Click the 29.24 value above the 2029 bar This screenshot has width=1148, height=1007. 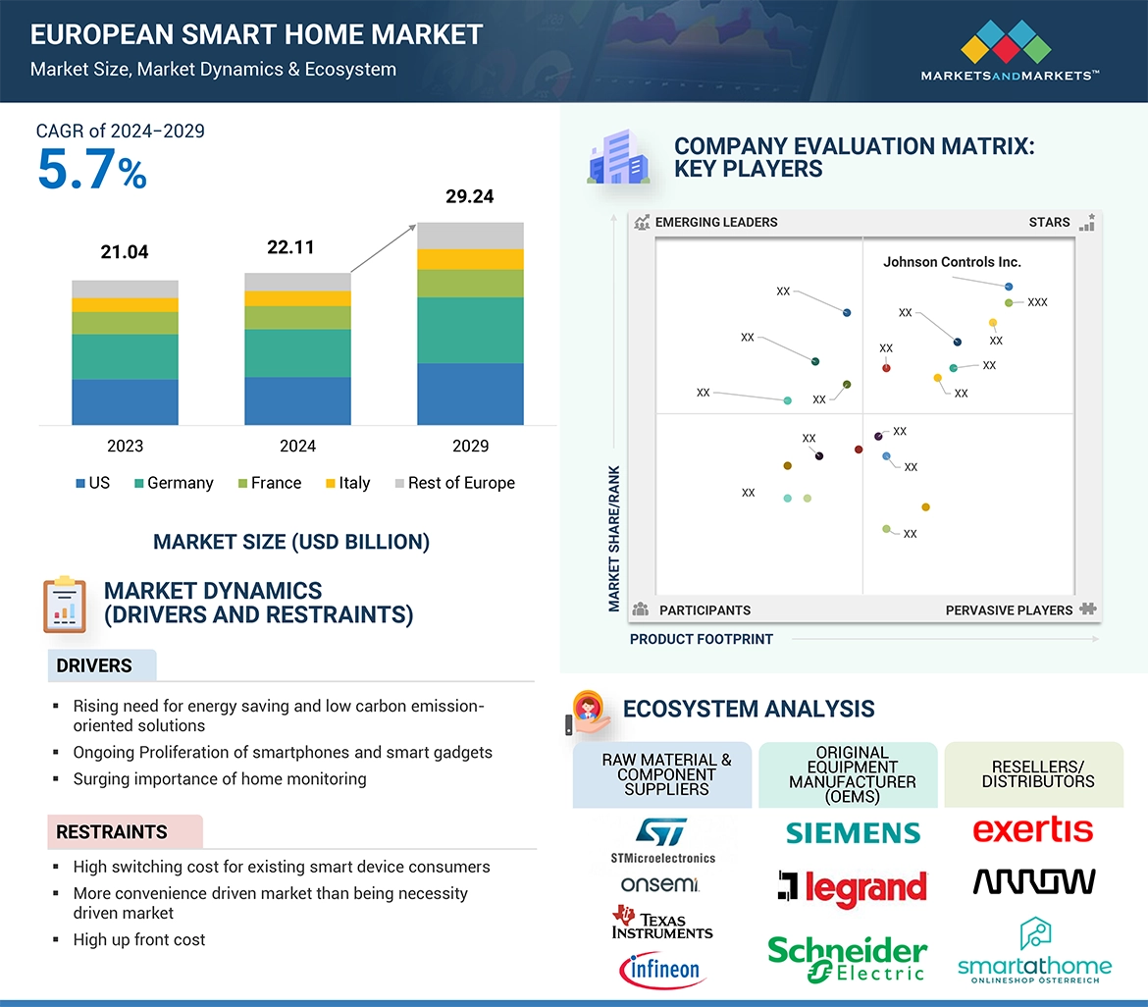coord(469,196)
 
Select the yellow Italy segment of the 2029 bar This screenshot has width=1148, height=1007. coord(470,259)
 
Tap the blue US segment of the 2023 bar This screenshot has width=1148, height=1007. coord(125,401)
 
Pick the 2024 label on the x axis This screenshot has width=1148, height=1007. coord(297,446)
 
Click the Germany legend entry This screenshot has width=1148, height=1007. coord(173,483)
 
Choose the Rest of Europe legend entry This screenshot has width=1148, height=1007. coord(453,483)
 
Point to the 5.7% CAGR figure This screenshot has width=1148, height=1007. coord(92,169)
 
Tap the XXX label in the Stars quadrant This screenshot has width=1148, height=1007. coord(1037,302)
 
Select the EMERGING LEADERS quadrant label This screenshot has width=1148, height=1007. coord(715,222)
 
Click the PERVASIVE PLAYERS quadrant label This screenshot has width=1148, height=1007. coord(1009,610)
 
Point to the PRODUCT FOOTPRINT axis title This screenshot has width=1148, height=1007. coord(702,639)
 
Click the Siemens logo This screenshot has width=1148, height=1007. coord(853,833)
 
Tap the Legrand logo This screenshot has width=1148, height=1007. coord(852,887)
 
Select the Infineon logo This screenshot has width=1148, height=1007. coord(662,971)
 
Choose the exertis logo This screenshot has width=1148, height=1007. coord(1032,830)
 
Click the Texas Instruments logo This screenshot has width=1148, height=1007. coord(662,923)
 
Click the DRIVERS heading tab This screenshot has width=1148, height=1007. coord(94,665)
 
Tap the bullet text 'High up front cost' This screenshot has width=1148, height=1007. coord(139,939)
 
